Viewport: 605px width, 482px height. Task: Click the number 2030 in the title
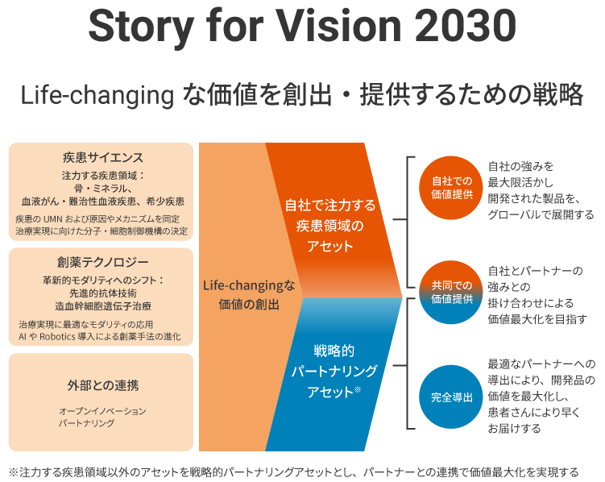pyautogui.click(x=466, y=26)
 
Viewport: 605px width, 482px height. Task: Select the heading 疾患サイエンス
pyautogui.click(x=103, y=157)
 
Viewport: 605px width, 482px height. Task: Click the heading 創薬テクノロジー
pyautogui.click(x=103, y=263)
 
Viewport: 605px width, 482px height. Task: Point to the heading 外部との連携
pyautogui.click(x=103, y=385)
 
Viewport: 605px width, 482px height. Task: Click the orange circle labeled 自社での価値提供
pyautogui.click(x=451, y=188)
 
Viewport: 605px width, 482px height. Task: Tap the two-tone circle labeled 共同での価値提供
pyautogui.click(x=451, y=292)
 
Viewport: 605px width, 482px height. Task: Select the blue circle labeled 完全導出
pyautogui.click(x=451, y=397)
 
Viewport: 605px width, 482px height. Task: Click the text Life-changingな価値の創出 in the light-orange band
pyautogui.click(x=249, y=295)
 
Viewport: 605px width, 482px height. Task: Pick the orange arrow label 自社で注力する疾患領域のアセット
pyautogui.click(x=330, y=226)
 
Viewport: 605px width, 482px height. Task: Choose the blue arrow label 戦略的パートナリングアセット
pyautogui.click(x=334, y=372)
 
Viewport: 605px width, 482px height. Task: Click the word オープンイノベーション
pyautogui.click(x=102, y=411)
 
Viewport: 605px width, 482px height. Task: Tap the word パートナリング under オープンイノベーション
pyautogui.click(x=86, y=423)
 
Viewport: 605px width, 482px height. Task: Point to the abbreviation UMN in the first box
pyautogui.click(x=53, y=219)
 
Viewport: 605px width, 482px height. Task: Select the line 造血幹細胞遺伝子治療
pyautogui.click(x=103, y=306)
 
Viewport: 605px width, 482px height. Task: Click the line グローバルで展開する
pyautogui.click(x=541, y=214)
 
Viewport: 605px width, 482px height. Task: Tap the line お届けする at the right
pyautogui.click(x=514, y=428)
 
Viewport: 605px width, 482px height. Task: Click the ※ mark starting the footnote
pyautogui.click(x=14, y=472)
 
